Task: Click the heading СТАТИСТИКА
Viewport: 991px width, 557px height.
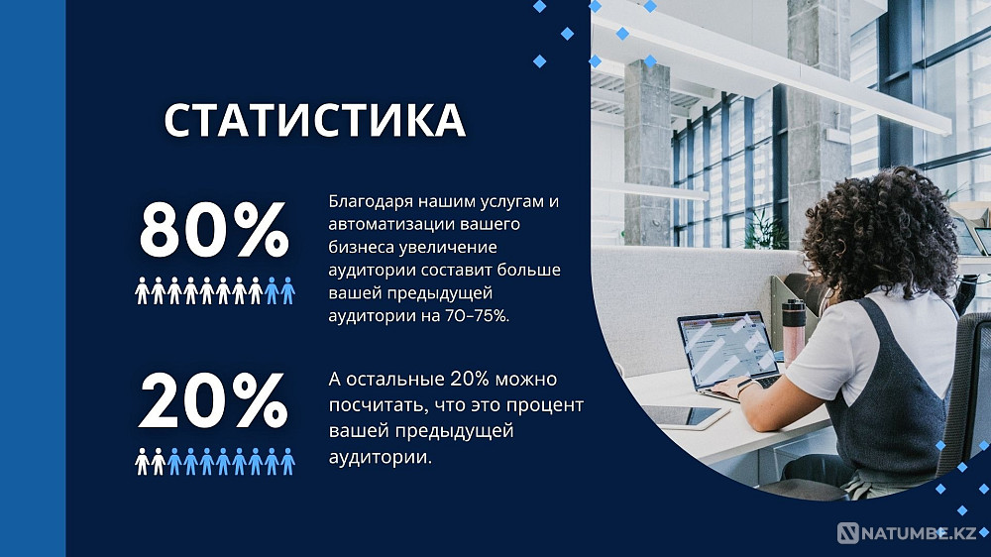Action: pos(314,120)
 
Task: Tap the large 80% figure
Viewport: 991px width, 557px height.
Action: pos(213,230)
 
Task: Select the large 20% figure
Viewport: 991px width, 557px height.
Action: pos(213,402)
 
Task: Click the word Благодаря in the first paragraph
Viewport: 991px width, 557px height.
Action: pos(367,202)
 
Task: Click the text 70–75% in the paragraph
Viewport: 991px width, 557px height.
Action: pos(470,316)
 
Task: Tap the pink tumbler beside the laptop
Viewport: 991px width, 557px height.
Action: pos(794,330)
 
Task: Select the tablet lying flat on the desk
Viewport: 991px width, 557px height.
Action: pos(684,416)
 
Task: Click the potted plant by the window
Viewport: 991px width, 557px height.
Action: pos(764,232)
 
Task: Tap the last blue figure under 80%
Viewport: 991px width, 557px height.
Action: pos(287,290)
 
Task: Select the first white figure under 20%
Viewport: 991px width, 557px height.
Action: pos(142,461)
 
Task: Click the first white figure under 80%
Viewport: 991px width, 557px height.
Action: pos(142,290)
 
